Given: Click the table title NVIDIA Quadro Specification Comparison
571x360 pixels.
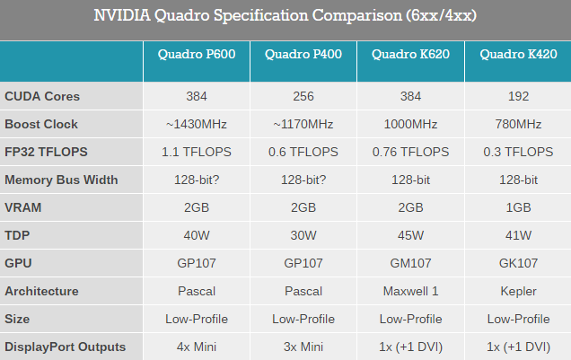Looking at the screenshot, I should click(x=285, y=16).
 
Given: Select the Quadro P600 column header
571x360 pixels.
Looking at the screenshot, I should click(x=197, y=56).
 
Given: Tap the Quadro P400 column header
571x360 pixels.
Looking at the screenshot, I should click(x=303, y=56).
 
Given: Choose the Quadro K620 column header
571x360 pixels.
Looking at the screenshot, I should click(x=410, y=56).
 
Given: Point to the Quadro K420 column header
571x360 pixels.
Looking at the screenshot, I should click(x=517, y=56).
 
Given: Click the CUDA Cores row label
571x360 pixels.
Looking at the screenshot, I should click(x=42, y=96).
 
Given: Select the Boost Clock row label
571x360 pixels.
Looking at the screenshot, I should click(x=41, y=124).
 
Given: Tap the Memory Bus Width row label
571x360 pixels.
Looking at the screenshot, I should click(x=61, y=180).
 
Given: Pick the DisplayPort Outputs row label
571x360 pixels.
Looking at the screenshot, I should click(x=65, y=347).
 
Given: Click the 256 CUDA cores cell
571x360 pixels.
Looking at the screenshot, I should click(x=303, y=96).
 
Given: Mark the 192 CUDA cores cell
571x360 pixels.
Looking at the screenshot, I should click(x=517, y=96).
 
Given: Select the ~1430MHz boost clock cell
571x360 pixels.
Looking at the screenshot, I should click(x=197, y=124).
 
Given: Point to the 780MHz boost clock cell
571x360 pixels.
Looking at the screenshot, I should click(x=517, y=124).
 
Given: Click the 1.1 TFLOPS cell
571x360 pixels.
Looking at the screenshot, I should click(x=197, y=152).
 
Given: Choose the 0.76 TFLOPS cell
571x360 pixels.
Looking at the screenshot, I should click(x=410, y=152).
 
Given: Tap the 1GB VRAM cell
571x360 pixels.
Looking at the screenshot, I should click(x=517, y=207).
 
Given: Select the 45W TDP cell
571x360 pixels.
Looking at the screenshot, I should click(x=410, y=235).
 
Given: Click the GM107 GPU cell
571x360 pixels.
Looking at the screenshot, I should click(x=410, y=263).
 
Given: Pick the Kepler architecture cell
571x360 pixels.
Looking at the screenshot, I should click(x=517, y=291).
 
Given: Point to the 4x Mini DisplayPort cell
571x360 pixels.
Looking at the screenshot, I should click(x=197, y=347).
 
